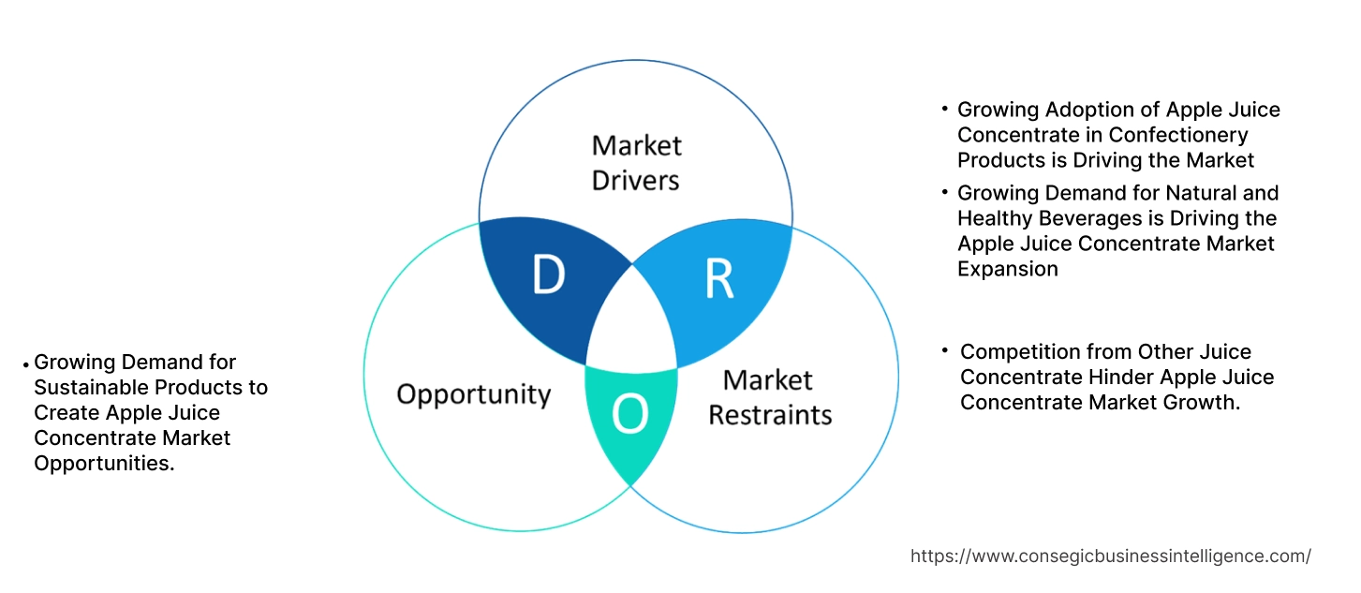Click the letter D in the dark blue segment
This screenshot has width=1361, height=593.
point(548,274)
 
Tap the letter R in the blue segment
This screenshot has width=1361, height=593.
point(718,279)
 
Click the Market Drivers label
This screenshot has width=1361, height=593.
point(636,162)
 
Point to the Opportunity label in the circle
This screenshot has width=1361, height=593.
point(473,393)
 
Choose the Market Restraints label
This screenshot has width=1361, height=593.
point(769,396)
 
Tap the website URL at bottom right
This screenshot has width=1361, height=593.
point(1110,556)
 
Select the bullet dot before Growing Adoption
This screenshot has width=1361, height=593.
point(945,110)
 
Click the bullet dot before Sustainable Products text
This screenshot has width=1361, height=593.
point(27,363)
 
